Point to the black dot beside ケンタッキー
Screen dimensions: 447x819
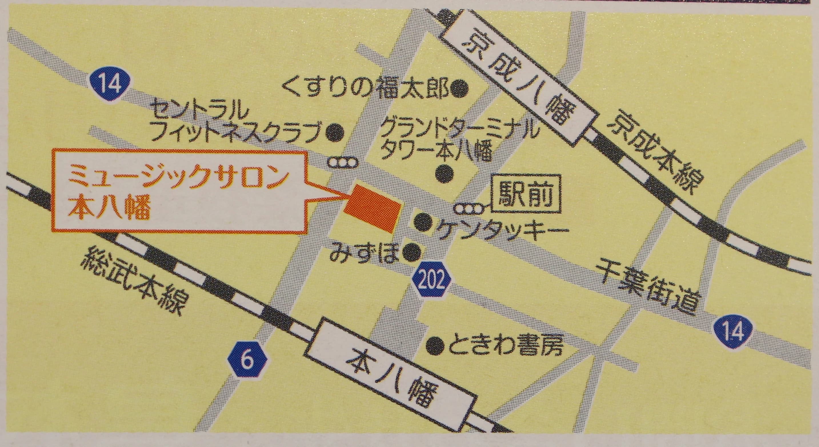[x=424, y=222]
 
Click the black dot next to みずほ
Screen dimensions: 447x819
[x=411, y=253]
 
